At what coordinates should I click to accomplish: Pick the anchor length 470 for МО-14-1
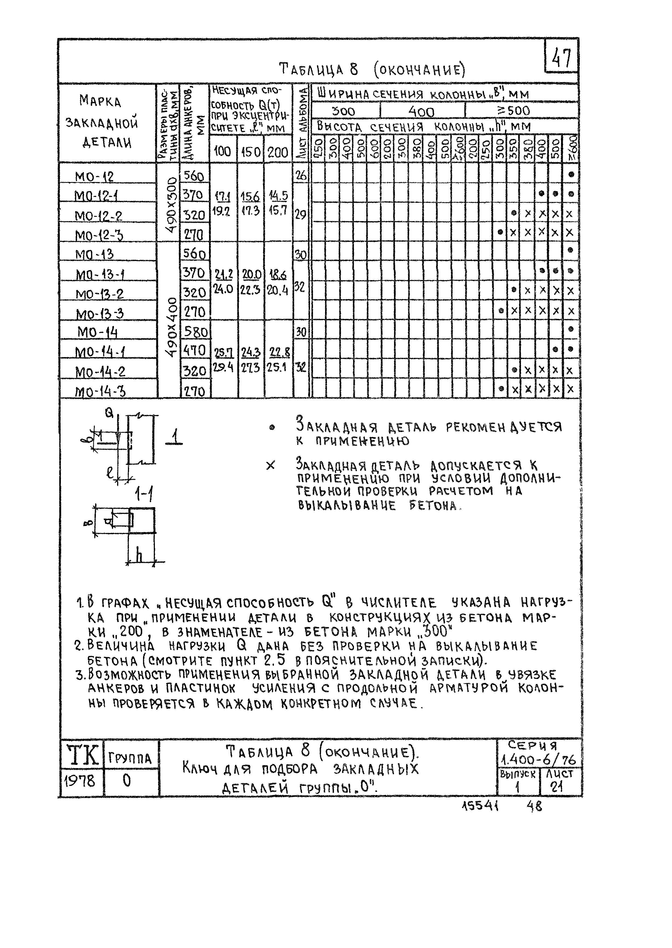194,351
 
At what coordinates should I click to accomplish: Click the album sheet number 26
301,175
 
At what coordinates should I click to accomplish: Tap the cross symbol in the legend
270,466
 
